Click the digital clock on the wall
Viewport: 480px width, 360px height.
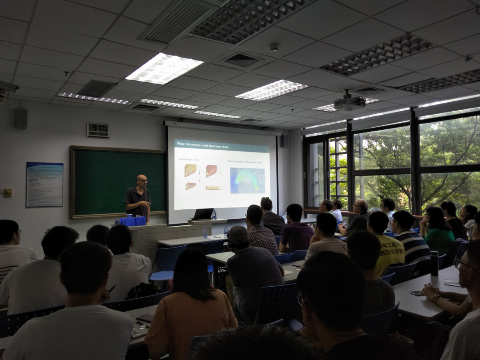[98, 130]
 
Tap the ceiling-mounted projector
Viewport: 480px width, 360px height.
[349, 103]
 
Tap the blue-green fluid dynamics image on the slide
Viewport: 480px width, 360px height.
[247, 180]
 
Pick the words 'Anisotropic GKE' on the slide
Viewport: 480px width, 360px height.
[189, 159]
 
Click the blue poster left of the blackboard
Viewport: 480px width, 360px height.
[44, 184]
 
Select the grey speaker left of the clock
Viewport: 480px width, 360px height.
[21, 118]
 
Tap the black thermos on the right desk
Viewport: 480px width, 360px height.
[434, 263]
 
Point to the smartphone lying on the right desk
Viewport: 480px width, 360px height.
[416, 292]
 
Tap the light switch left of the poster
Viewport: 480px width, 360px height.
[8, 192]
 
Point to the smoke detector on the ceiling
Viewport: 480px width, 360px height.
[274, 47]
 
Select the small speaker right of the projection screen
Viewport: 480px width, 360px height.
[283, 141]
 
